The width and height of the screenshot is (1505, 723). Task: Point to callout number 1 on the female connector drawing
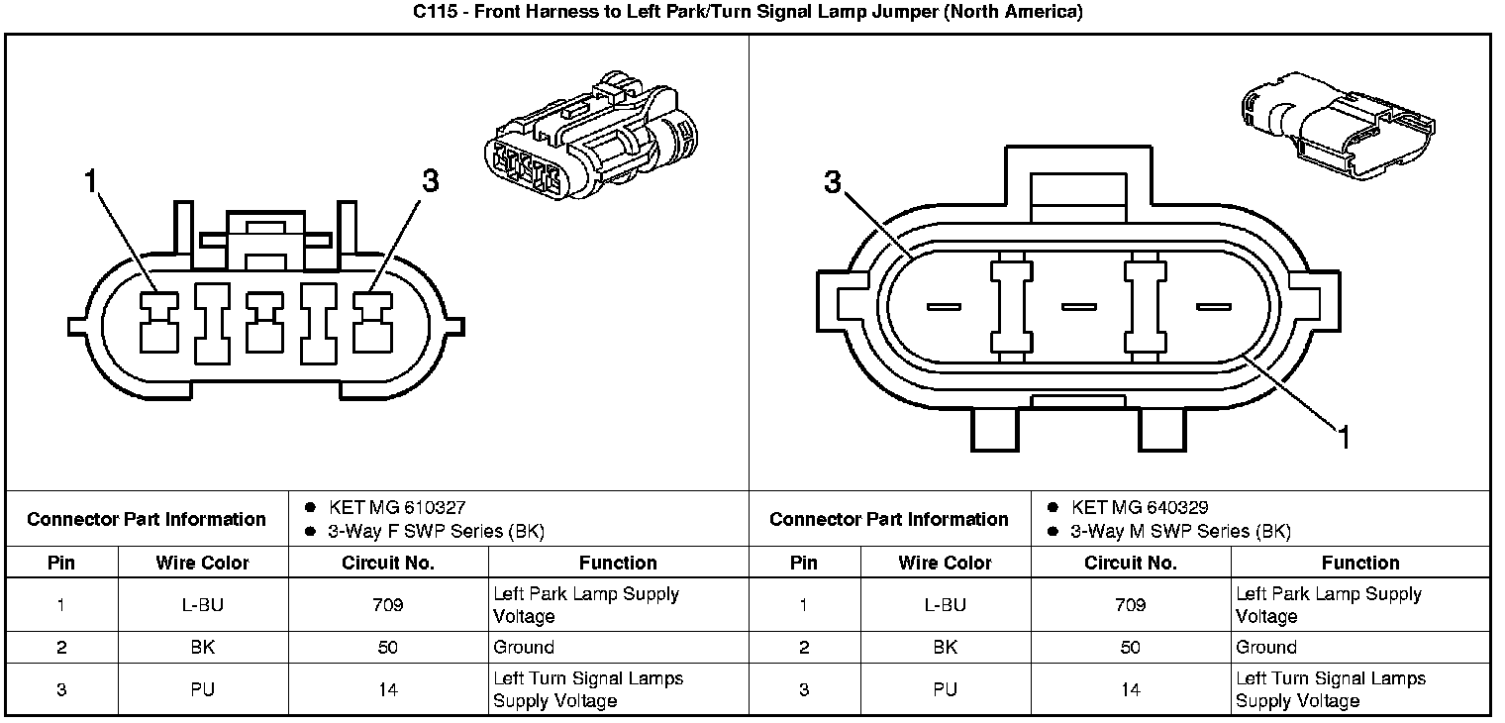point(91,181)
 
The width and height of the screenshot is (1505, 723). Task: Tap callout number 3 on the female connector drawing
point(430,181)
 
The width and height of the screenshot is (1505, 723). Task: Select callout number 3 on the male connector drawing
point(833,182)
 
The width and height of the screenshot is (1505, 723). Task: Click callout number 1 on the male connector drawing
point(1344,437)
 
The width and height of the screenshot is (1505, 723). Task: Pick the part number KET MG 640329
point(1140,508)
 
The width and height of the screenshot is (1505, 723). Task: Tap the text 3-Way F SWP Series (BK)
point(436,532)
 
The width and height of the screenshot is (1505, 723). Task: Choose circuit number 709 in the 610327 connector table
point(388,605)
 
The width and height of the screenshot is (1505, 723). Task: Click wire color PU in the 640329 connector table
point(945,689)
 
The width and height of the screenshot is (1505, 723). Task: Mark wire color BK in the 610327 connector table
point(202,648)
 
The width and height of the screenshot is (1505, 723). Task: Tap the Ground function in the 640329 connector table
point(1265,648)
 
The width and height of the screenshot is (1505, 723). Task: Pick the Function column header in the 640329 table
point(1360,563)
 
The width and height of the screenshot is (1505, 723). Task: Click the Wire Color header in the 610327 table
point(202,563)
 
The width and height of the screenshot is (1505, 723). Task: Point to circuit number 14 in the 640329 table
point(1131,689)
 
